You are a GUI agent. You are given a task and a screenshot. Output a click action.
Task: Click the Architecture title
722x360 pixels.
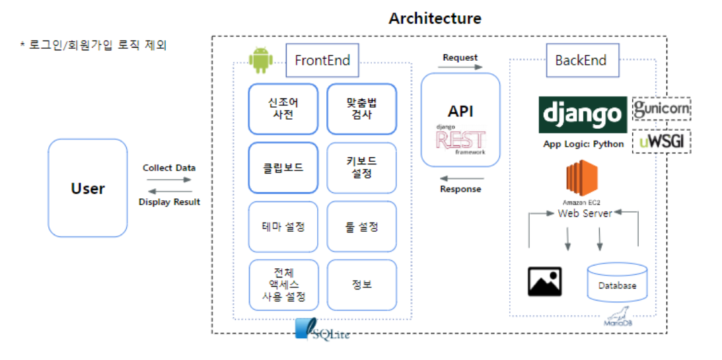pos(435,18)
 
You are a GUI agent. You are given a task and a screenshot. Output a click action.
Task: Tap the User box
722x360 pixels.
pos(88,188)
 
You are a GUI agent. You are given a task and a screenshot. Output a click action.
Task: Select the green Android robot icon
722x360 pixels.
pos(260,60)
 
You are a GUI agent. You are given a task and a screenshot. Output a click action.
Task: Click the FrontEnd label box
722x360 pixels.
pos(322,61)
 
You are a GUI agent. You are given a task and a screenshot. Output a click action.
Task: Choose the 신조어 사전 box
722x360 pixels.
pos(283,108)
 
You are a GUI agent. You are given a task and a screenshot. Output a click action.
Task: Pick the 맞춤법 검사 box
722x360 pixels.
pos(361,108)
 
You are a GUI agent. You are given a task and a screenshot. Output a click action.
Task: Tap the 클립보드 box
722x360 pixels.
pos(283,168)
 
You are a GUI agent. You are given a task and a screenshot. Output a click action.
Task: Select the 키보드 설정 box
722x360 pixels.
pos(361,168)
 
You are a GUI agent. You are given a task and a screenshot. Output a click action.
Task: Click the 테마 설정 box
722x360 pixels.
pos(283,227)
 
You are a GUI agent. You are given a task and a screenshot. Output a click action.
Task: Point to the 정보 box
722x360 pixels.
pos(361,285)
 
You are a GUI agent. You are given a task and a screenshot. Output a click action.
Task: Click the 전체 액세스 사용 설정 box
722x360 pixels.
pos(283,285)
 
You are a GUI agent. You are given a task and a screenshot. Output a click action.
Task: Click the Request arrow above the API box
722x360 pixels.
pos(460,67)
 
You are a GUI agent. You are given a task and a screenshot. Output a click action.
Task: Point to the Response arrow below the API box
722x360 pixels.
pos(461,178)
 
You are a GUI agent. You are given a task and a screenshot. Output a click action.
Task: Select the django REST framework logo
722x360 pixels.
pos(460,139)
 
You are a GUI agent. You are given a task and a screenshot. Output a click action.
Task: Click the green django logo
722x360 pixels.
pos(582,115)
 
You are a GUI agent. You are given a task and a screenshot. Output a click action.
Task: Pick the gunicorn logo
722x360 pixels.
pos(661,109)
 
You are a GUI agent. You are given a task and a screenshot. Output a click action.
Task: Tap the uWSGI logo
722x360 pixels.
pos(661,141)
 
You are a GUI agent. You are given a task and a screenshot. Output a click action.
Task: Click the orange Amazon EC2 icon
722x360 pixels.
pos(582,180)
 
